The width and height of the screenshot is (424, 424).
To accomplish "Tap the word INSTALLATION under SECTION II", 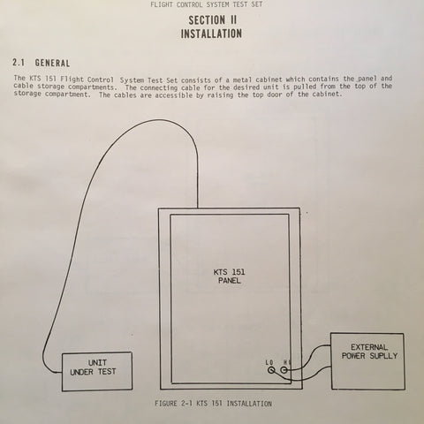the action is [211, 34].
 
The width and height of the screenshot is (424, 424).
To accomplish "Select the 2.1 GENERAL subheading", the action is [42, 63].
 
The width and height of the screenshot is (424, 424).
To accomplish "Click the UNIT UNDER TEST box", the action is [97, 371].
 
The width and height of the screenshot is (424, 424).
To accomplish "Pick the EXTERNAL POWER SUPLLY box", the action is [367, 361].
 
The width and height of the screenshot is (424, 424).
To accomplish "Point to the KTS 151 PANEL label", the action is [230, 276].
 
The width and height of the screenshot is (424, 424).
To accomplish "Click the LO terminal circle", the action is [271, 370].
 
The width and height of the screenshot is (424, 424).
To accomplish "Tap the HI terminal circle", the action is [284, 369].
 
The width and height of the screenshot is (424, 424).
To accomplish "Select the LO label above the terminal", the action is [269, 362].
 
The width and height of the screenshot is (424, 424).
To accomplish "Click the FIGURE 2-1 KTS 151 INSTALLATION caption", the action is [213, 404].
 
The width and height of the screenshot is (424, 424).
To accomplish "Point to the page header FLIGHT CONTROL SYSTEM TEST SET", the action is [206, 4].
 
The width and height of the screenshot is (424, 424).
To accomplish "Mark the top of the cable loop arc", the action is [159, 119].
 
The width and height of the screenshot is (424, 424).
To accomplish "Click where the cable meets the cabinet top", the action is [198, 208].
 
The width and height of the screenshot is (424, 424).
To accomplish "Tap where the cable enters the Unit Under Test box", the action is [62, 373].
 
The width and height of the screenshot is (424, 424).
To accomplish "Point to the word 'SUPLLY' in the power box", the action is [383, 356].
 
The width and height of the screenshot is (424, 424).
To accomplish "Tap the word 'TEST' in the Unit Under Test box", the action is [107, 372].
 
